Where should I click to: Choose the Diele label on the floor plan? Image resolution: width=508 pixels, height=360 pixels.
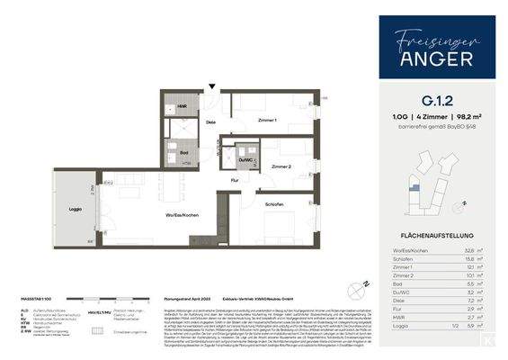tap(210, 121)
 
